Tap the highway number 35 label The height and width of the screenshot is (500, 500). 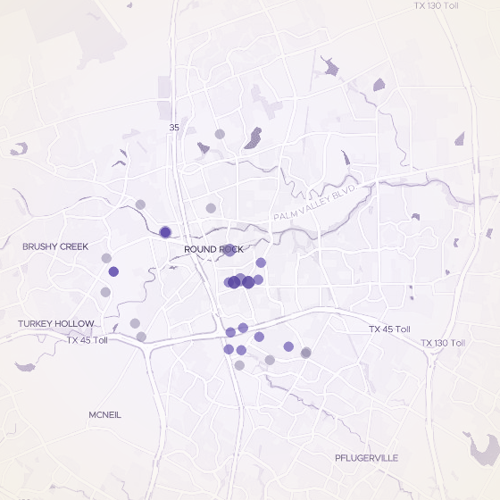[x=173, y=128]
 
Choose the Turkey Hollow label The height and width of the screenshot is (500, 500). [x=55, y=323]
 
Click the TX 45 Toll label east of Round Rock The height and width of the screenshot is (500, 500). [x=390, y=329]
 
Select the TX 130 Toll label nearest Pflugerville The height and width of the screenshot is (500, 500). [x=443, y=343]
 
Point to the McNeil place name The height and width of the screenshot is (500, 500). [x=104, y=415]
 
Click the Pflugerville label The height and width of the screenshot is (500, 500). [x=365, y=458]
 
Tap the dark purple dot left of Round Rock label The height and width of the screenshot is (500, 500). [x=165, y=232]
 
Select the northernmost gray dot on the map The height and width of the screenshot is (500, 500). [x=220, y=135]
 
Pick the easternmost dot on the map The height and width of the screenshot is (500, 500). [x=306, y=353]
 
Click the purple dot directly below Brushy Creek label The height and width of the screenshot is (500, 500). [x=113, y=271]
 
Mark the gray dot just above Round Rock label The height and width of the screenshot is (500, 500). [x=211, y=208]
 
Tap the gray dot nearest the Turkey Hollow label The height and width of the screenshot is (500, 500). [x=135, y=323]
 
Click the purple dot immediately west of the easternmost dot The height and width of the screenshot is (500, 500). [x=288, y=346]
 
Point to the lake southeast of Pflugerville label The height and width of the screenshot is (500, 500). [x=479, y=443]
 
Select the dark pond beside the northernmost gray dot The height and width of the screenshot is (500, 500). [x=253, y=137]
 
